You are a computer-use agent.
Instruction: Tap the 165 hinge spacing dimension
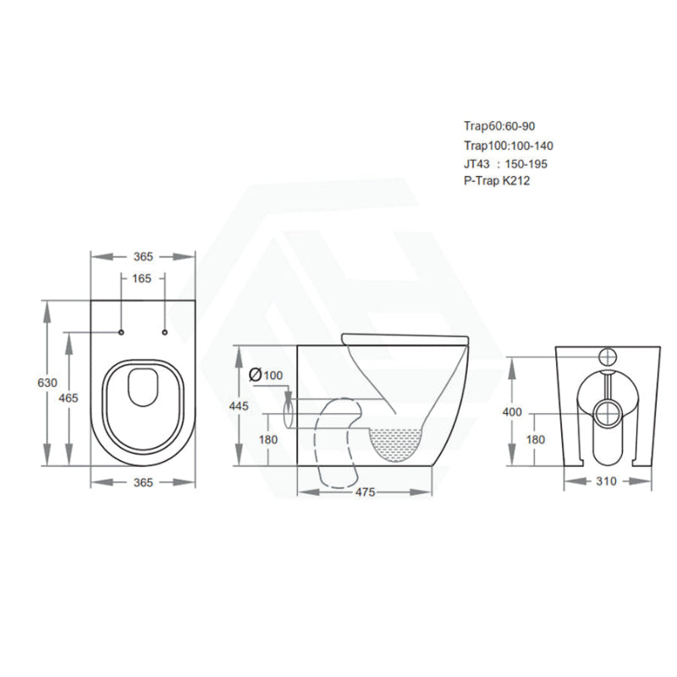(143, 278)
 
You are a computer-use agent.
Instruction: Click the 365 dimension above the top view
(143, 256)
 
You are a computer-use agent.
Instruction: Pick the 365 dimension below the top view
(143, 482)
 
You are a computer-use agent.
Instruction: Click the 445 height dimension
(239, 406)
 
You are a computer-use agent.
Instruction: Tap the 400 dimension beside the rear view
(513, 412)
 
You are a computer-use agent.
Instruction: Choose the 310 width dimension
(607, 482)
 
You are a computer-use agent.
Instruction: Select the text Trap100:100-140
(509, 146)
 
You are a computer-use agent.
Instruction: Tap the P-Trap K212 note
(497, 180)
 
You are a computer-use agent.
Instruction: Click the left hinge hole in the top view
(122, 332)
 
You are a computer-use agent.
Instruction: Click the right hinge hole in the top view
(164, 332)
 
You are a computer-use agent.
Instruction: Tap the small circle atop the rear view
(607, 356)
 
